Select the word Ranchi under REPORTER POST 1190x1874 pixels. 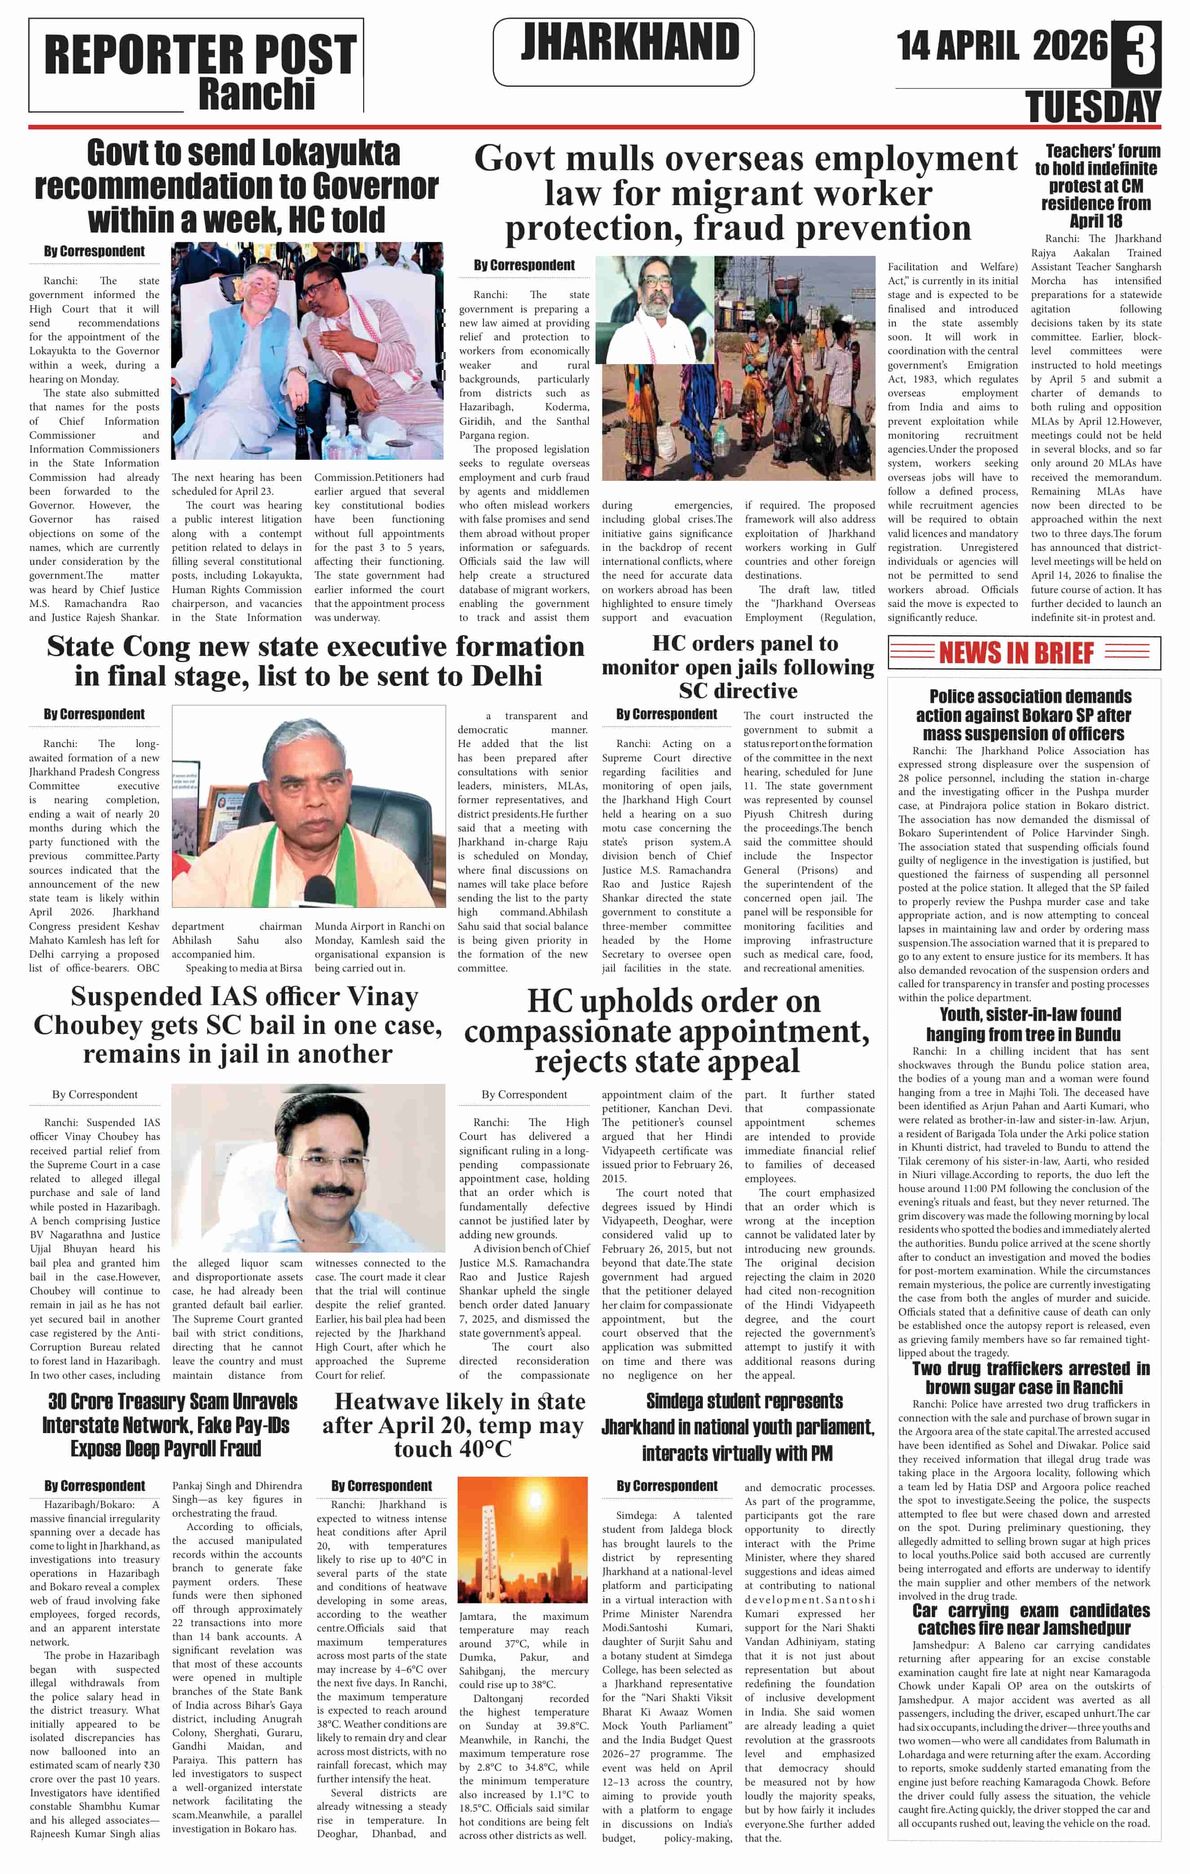click(257, 95)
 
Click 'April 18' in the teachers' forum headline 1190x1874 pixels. click(1095, 221)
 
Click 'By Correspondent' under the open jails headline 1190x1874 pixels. click(666, 714)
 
